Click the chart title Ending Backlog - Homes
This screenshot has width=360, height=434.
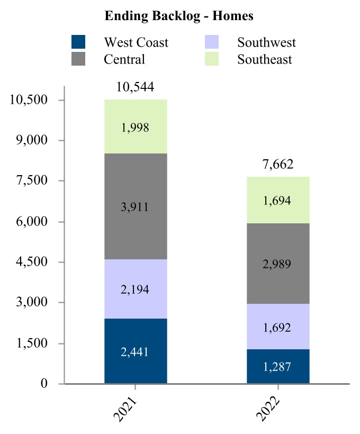(179, 16)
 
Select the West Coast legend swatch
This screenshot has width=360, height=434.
(79, 42)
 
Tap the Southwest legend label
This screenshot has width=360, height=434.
(266, 42)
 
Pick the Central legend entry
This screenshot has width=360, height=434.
(124, 59)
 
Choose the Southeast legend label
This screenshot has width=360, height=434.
(264, 59)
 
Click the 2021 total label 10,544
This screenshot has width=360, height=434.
(136, 87)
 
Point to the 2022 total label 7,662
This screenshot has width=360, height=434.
(278, 164)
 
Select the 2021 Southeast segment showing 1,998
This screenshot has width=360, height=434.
(136, 127)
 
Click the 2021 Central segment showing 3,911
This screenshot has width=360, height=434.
(136, 206)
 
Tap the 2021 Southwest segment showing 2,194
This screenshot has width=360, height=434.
(136, 289)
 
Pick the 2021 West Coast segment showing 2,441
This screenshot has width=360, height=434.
(136, 351)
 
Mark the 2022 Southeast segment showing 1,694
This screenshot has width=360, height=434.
(278, 201)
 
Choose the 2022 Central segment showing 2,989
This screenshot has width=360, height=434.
(278, 264)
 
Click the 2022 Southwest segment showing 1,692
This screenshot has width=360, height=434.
(278, 327)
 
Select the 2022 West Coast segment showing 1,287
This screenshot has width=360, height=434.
(278, 367)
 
